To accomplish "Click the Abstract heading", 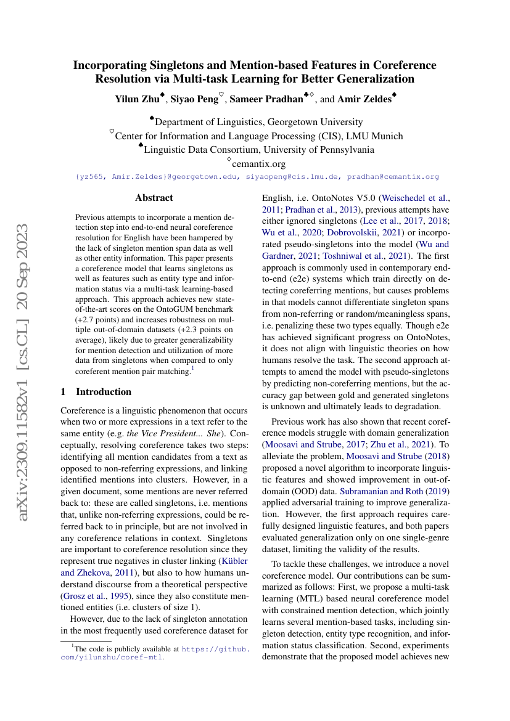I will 154,198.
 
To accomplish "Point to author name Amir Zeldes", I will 364,99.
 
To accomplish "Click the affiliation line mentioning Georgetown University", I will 259,122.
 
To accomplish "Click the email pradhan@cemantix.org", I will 393,176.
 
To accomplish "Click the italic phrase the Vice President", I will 161,434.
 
